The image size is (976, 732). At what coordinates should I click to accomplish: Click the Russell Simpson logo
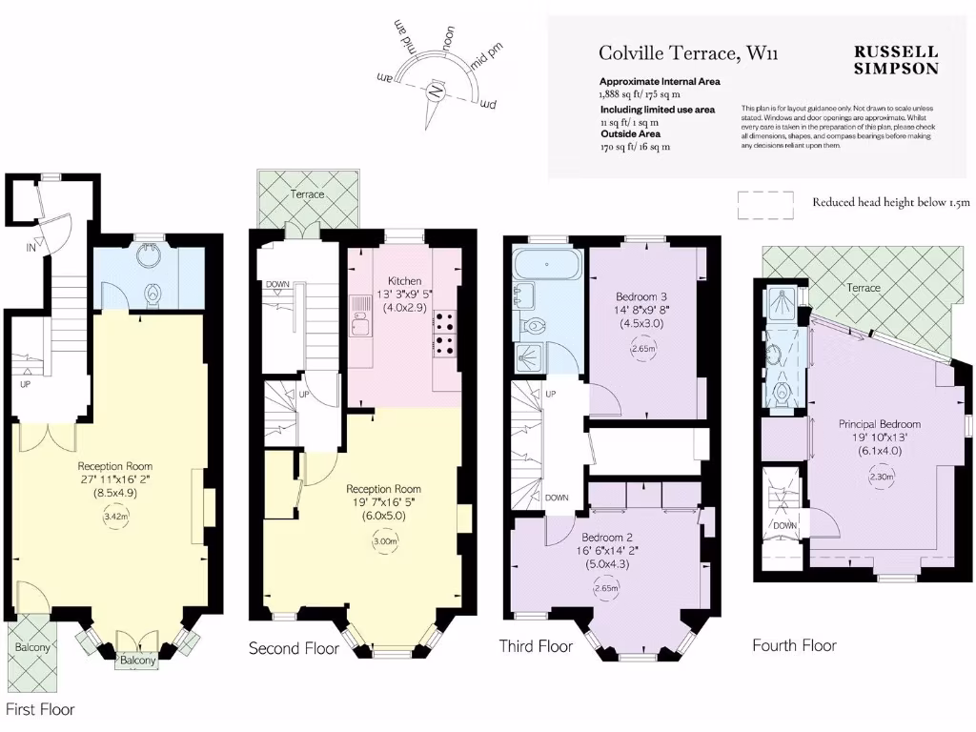[895, 60]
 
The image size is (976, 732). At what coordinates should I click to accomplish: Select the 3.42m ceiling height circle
[115, 518]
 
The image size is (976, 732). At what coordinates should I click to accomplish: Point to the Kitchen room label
[404, 281]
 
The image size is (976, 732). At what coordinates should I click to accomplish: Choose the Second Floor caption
[294, 649]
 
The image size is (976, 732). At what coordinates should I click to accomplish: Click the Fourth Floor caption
[794, 645]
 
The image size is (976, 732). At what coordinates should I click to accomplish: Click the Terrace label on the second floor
[308, 194]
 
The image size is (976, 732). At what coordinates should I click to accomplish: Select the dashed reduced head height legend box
[765, 203]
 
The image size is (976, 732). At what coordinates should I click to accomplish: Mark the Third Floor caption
[536, 646]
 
